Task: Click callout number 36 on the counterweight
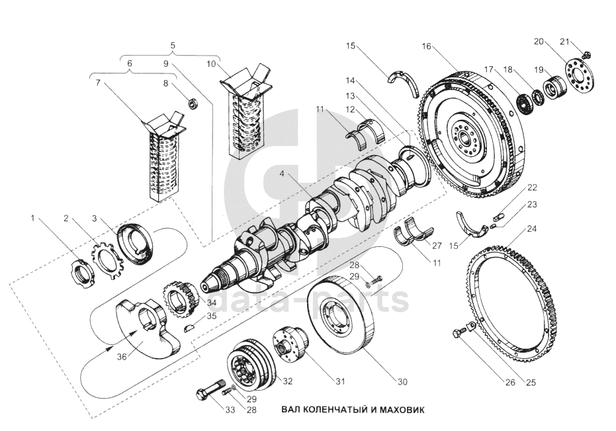(122, 357)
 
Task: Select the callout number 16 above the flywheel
(426, 46)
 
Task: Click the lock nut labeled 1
(83, 273)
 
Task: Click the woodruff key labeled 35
(189, 328)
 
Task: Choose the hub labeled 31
(290, 344)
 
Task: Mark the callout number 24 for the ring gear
(532, 229)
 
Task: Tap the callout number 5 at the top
(173, 45)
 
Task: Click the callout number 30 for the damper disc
(402, 382)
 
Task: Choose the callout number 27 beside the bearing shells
(437, 246)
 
